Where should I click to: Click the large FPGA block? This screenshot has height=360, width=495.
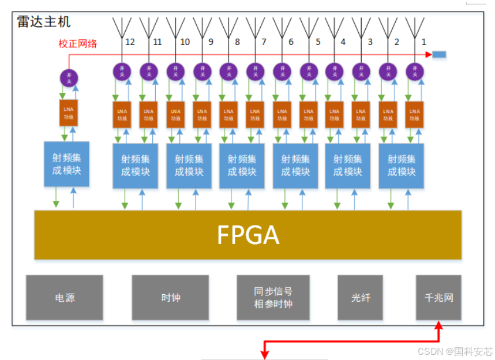pyautogui.click(x=248, y=234)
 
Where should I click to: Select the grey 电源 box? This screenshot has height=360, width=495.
pyautogui.click(x=65, y=298)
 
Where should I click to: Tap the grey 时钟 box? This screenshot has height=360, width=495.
pyautogui.click(x=171, y=298)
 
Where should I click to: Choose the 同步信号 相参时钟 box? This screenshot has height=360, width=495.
pyautogui.click(x=273, y=298)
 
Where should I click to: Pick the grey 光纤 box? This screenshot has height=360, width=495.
pyautogui.click(x=360, y=298)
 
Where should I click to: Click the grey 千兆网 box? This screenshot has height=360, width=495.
pyautogui.click(x=438, y=298)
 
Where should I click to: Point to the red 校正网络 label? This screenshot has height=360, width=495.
pyautogui.click(x=78, y=43)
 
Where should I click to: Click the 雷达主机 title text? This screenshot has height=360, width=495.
pyautogui.click(x=44, y=22)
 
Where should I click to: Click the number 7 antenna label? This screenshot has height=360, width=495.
pyautogui.click(x=264, y=42)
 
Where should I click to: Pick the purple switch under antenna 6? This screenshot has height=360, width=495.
pyautogui.click(x=282, y=71)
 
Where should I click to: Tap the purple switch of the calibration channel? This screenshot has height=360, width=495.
pyautogui.click(x=69, y=77)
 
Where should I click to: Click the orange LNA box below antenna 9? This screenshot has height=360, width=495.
pyautogui.click(x=202, y=115)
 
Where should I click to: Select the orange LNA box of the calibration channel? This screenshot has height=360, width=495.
pyautogui.click(x=69, y=113)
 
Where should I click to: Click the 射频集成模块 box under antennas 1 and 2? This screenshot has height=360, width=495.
pyautogui.click(x=401, y=166)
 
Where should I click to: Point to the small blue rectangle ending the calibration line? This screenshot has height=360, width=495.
pyautogui.click(x=439, y=54)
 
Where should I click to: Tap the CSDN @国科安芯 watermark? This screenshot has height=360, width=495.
pyautogui.click(x=455, y=351)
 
